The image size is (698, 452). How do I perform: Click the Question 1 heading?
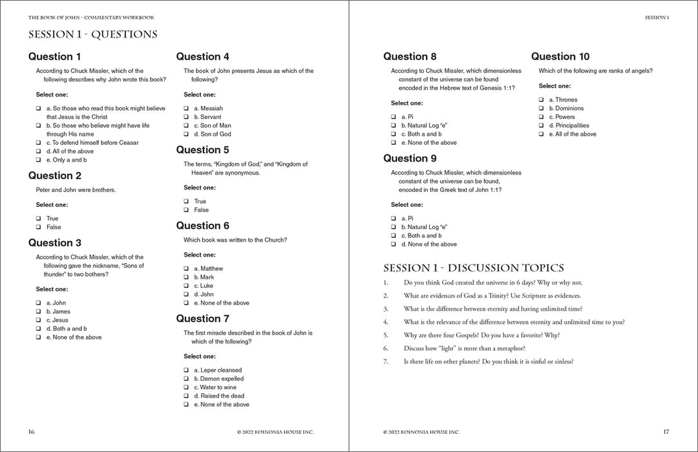coord(55,56)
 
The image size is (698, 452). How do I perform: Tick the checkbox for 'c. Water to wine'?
coord(186,387)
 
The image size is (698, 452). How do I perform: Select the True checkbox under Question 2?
coord(38,219)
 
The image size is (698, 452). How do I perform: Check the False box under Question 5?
coord(186,210)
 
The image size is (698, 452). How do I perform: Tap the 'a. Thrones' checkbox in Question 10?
coord(541,100)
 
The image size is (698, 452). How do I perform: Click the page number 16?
coord(31,431)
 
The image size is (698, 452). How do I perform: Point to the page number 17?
coord(666,431)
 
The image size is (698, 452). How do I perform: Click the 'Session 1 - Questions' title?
coord(92,34)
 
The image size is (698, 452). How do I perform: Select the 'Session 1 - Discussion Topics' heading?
coord(473,268)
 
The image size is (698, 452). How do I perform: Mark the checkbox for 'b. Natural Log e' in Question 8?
coord(394,125)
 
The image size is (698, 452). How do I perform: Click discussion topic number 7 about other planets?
coord(488,361)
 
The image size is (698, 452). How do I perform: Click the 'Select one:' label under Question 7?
coord(200,356)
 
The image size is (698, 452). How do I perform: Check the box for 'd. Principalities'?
coord(541,125)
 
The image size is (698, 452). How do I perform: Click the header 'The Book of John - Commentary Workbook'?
coord(91,17)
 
